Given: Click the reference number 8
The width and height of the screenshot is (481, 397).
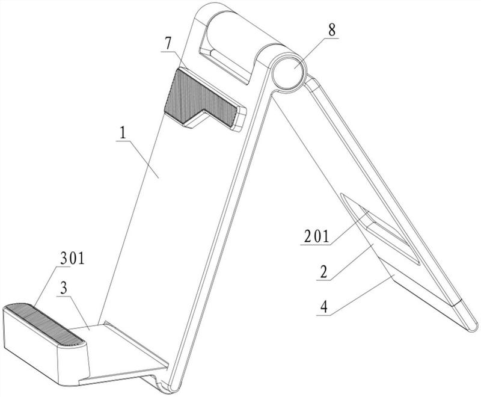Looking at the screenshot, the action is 332,30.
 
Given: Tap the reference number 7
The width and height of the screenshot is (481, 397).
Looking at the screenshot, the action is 168,44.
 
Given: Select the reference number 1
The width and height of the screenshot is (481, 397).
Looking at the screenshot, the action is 123,133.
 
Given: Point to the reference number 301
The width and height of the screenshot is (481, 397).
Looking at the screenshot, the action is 72,259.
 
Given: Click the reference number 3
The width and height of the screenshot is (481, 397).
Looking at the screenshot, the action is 64,288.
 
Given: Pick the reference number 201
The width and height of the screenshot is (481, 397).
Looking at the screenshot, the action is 316,236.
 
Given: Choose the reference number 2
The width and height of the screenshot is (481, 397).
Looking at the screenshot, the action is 323,272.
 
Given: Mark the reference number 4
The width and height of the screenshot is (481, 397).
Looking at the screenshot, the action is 324,307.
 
